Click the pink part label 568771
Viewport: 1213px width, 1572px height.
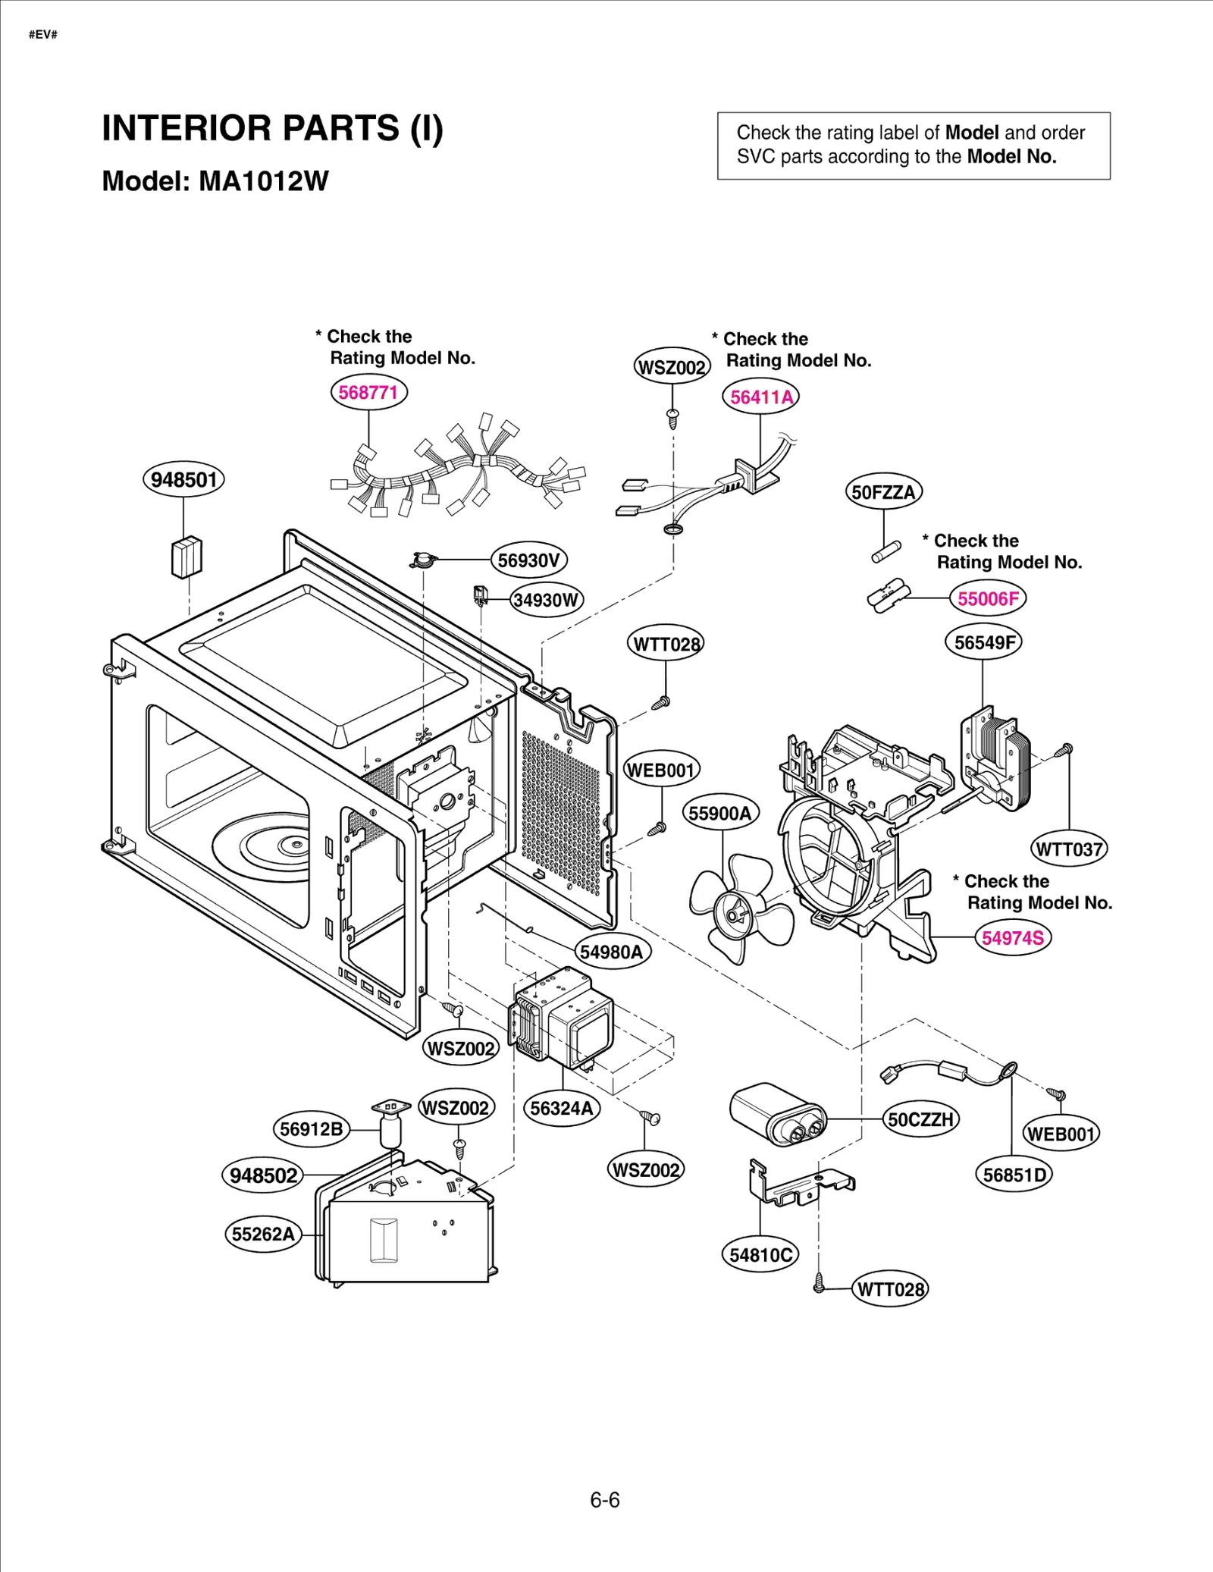(368, 393)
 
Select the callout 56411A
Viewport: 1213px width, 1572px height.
(760, 397)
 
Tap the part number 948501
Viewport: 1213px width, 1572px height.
(183, 480)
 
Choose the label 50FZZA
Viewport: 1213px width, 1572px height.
(883, 492)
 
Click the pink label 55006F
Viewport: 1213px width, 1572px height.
(988, 598)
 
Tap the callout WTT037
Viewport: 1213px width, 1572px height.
(1069, 849)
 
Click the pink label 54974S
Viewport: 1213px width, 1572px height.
(1013, 938)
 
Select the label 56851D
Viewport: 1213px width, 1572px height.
(1014, 1175)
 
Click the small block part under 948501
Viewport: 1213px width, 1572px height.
(186, 557)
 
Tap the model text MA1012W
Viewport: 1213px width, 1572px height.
(263, 181)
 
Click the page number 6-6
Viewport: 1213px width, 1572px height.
(605, 1500)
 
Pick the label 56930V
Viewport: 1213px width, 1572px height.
(528, 560)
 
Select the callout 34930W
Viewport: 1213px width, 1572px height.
(546, 601)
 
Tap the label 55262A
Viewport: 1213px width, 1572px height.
(263, 1235)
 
